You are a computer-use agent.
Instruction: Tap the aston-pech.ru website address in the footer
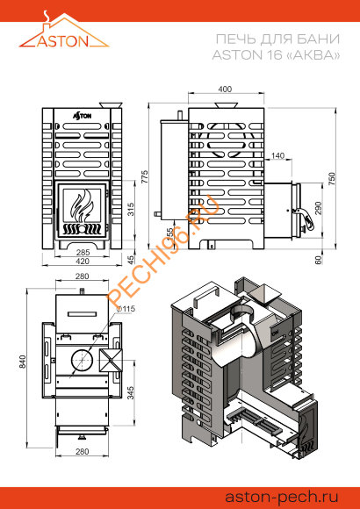[282, 497]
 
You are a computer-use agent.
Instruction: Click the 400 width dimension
[225, 89]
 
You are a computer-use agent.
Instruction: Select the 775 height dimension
[144, 176]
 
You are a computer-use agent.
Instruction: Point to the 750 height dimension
[331, 179]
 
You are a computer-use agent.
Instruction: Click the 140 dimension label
[277, 156]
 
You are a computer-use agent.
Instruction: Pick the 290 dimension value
[318, 208]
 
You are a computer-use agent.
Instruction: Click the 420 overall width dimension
[82, 261]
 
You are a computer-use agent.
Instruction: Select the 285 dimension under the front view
[82, 252]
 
